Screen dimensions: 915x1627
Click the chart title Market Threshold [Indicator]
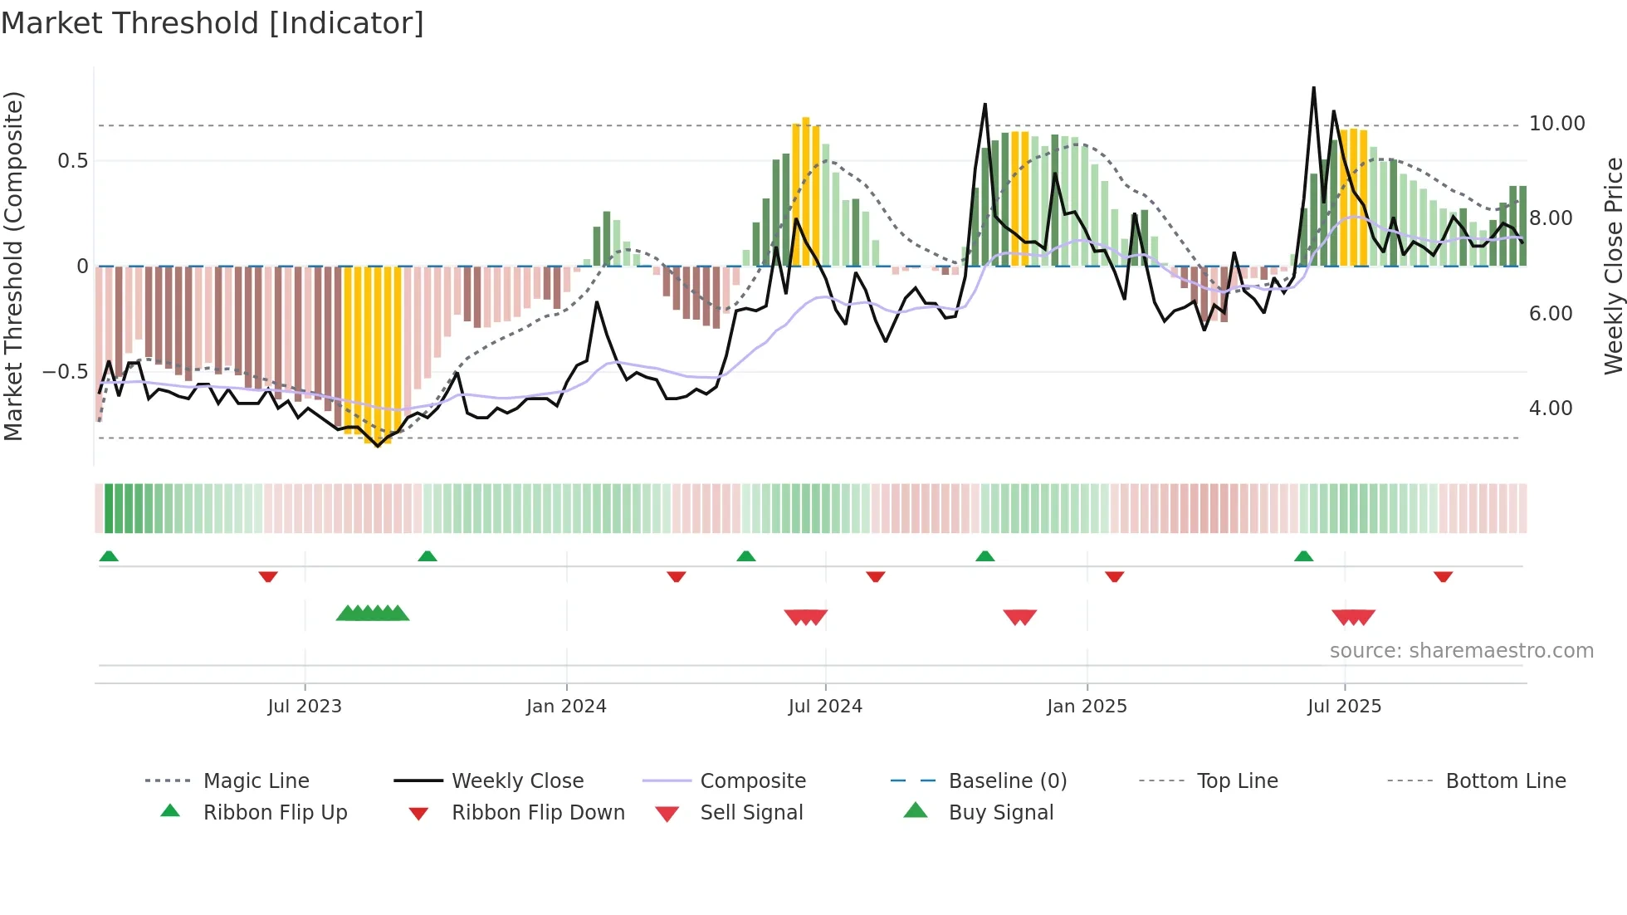tap(213, 23)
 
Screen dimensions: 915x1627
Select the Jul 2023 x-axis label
tap(305, 707)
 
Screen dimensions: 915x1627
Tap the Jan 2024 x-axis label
tap(566, 707)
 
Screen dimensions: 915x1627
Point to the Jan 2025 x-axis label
tap(1087, 707)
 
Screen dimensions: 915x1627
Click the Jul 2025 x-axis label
tap(1344, 707)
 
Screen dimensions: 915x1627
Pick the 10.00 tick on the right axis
tap(1556, 124)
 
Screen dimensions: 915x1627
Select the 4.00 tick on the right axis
tap(1550, 409)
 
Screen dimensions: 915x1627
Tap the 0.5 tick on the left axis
tap(72, 161)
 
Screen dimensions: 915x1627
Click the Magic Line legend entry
tap(256, 781)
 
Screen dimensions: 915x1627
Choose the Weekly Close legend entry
tap(517, 781)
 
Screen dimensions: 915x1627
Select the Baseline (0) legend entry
tap(1007, 781)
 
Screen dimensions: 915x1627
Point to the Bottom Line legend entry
tap(1505, 781)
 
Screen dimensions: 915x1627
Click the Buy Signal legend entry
tap(1000, 813)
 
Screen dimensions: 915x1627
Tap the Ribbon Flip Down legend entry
tap(537, 813)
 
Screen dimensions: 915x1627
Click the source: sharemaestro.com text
tap(1461, 651)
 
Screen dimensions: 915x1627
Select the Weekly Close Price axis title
tap(1613, 266)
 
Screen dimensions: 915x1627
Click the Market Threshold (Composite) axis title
tap(13, 266)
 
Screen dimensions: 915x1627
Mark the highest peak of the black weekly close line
tap(1313, 88)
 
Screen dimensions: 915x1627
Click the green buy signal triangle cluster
tap(373, 614)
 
